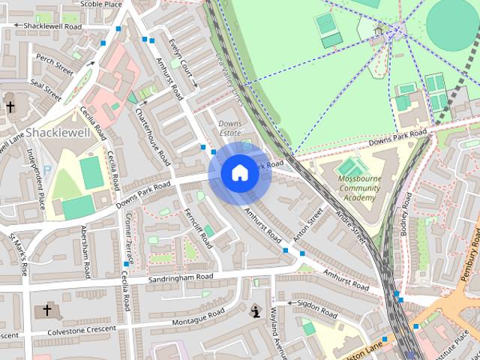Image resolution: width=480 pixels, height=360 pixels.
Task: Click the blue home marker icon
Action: pyautogui.click(x=239, y=173)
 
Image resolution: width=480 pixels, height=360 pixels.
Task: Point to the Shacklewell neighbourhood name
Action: pyautogui.click(x=58, y=133)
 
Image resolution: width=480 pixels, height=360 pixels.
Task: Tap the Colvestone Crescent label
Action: pyautogui.click(x=72, y=329)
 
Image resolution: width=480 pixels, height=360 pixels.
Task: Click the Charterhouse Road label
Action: pyautogui.click(x=153, y=133)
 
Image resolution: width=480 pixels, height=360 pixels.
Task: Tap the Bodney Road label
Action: pyautogui.click(x=406, y=214)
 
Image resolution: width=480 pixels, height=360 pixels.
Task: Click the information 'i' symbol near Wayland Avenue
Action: pyautogui.click(x=256, y=311)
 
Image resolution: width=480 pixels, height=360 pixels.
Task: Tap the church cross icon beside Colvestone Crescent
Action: pyautogui.click(x=46, y=310)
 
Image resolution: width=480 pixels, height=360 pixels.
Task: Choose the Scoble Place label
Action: pyautogui.click(x=100, y=4)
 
